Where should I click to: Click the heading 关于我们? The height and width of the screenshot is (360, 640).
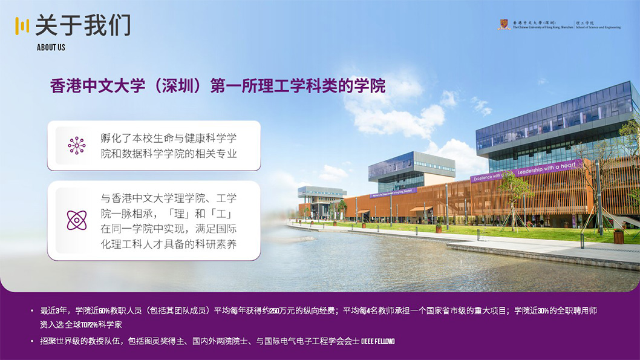click(83, 25)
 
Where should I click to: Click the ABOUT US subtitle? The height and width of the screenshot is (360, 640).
click(51, 47)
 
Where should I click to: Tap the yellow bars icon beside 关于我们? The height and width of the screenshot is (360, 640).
click(22, 25)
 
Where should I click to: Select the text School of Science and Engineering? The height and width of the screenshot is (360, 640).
click(599, 27)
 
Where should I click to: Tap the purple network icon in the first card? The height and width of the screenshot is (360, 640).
click(77, 145)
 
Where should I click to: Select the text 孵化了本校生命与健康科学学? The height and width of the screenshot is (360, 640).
click(168, 138)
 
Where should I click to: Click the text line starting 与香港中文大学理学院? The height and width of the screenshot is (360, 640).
click(168, 198)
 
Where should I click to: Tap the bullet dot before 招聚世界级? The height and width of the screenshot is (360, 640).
click(33, 342)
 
